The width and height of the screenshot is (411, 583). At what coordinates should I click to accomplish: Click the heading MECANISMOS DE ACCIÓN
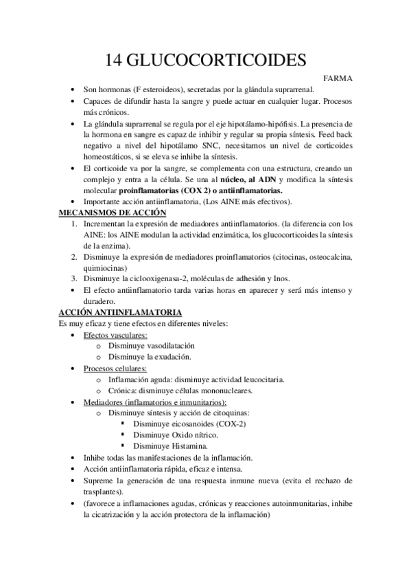tap(110, 213)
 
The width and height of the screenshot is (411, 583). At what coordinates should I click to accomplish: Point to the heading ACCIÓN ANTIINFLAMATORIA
tap(115, 312)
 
